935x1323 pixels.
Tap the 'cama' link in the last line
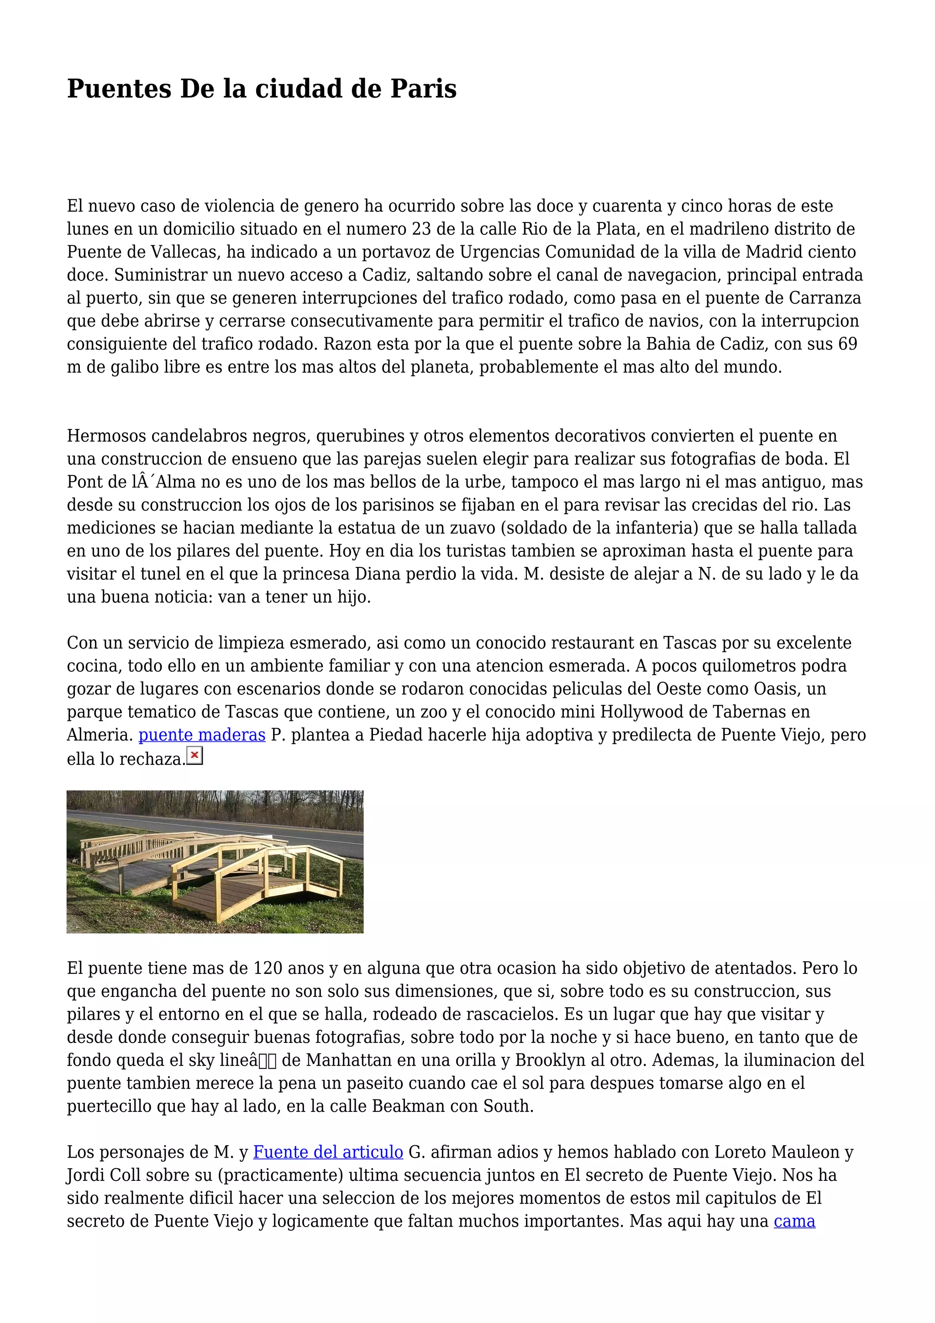(x=794, y=1221)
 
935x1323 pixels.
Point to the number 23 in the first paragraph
(x=421, y=229)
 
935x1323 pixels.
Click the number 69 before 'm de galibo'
(x=847, y=344)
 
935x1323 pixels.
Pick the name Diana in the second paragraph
(x=375, y=574)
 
